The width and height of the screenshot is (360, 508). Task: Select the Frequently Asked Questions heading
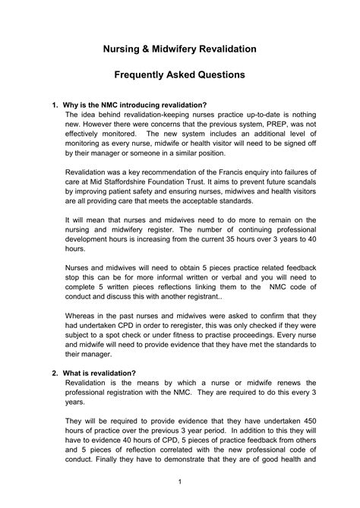click(180, 75)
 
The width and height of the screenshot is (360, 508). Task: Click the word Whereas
click(84, 331)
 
